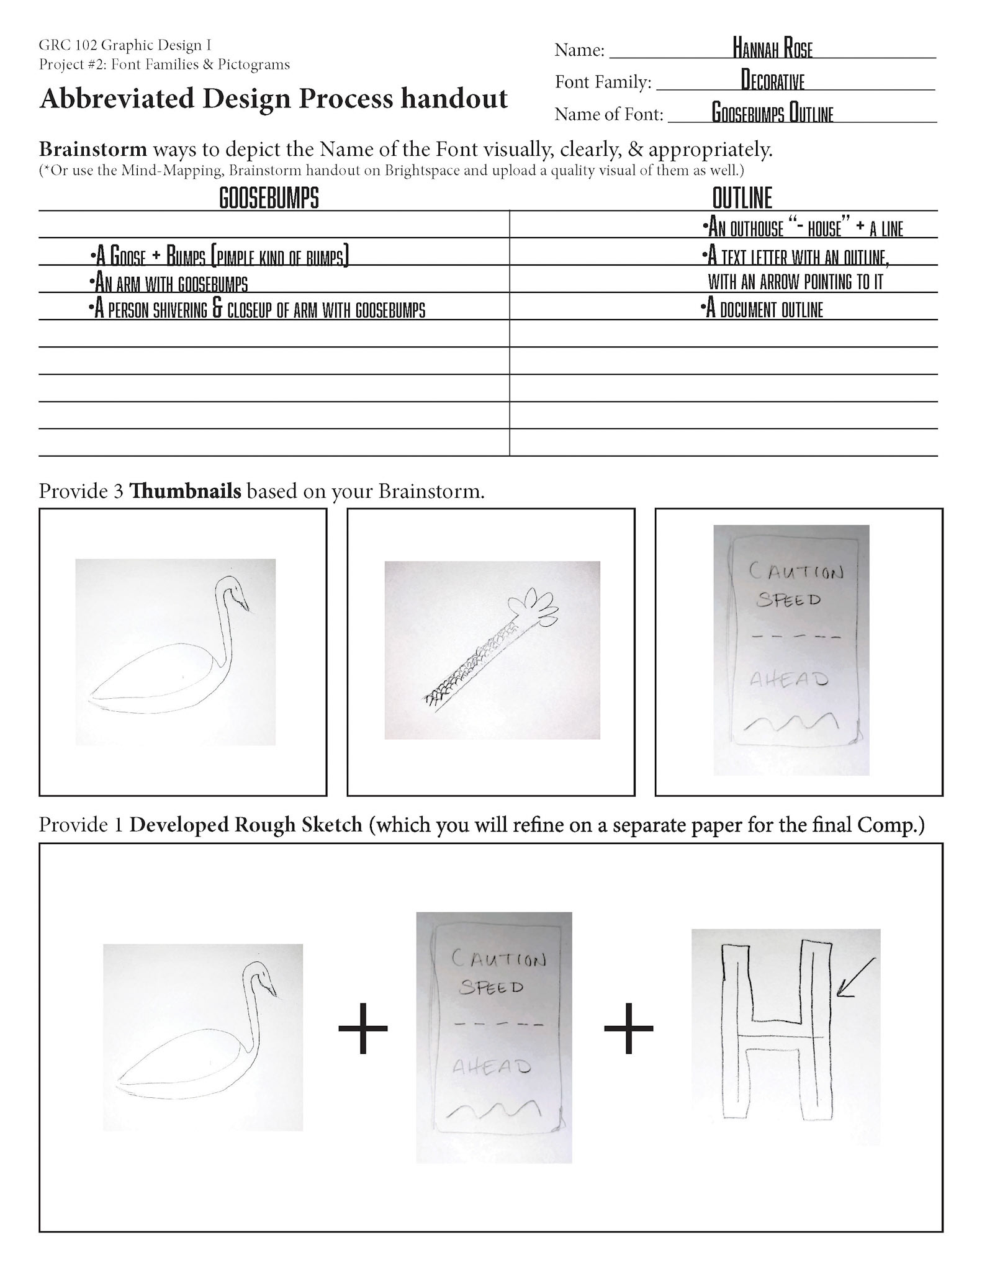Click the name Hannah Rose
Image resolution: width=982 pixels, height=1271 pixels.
[x=772, y=49]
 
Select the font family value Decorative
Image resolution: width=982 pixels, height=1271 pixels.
[x=772, y=81]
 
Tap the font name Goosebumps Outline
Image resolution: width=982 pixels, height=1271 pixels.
[x=772, y=114]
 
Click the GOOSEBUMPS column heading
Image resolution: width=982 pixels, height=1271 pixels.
[x=269, y=199]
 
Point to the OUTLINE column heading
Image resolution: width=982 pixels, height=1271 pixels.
[x=742, y=199]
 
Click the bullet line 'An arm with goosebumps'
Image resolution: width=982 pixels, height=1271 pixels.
[x=169, y=284]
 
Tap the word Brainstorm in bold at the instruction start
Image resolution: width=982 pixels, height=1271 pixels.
[x=93, y=150]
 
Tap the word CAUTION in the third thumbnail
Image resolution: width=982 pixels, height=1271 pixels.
[x=796, y=571]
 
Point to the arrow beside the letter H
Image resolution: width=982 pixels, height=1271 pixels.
[x=855, y=977]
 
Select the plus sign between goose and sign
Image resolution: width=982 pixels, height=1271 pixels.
[x=363, y=1028]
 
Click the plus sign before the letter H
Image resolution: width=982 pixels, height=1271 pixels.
[x=628, y=1028]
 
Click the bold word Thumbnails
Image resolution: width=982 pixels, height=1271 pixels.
[x=185, y=492]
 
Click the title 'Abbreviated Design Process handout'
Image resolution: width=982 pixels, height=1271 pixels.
[x=273, y=99]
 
